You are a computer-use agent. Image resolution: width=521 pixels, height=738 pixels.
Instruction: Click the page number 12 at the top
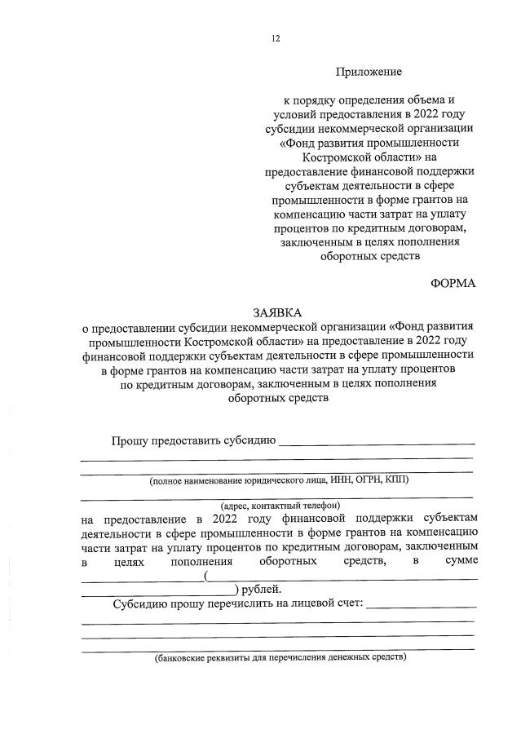point(276,38)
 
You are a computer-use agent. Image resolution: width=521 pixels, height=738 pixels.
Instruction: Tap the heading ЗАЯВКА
point(277,312)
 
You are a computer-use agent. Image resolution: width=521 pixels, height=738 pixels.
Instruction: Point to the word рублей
point(260,590)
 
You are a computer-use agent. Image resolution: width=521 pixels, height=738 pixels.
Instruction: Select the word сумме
point(461,561)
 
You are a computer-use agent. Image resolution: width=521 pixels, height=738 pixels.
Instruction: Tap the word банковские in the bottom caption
point(185,656)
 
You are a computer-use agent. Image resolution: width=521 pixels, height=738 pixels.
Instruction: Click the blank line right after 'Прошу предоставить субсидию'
point(377,443)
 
